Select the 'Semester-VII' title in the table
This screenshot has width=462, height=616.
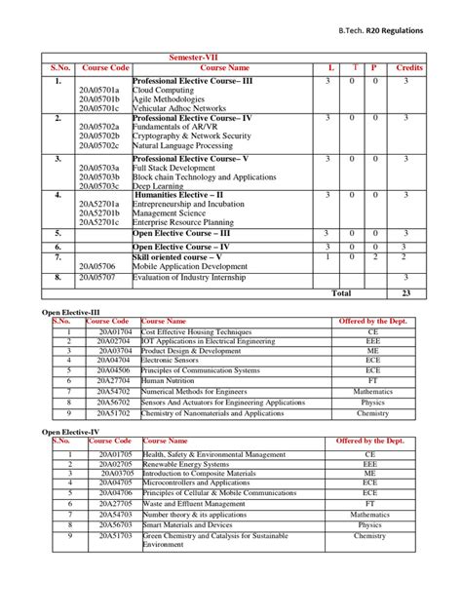pos(197,58)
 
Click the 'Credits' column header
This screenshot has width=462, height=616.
pos(409,68)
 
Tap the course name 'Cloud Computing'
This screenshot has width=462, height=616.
pos(165,90)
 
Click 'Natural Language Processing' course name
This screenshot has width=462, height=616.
pos(183,145)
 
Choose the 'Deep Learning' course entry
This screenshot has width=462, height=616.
pos(157,186)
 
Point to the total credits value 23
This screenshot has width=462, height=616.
pos(406,292)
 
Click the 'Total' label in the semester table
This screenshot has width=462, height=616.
pos(341,292)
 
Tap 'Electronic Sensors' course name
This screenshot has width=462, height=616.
pos(174,360)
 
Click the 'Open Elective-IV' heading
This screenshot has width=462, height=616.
pos(70,431)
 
